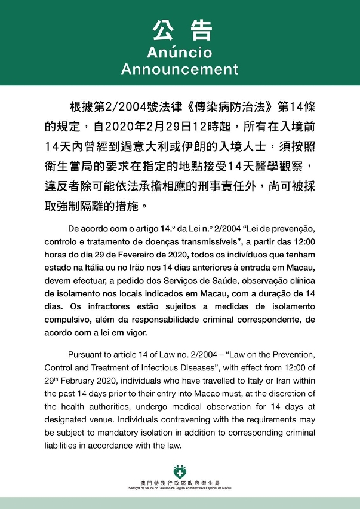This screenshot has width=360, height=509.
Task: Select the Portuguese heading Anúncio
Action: coord(180,52)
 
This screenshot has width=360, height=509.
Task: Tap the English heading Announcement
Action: coord(180,69)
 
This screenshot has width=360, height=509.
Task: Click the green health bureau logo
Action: coord(180,471)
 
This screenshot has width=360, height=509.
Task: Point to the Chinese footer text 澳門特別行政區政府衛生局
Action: coord(180,482)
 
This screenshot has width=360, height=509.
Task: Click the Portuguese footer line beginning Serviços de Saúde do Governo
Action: coord(180,487)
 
